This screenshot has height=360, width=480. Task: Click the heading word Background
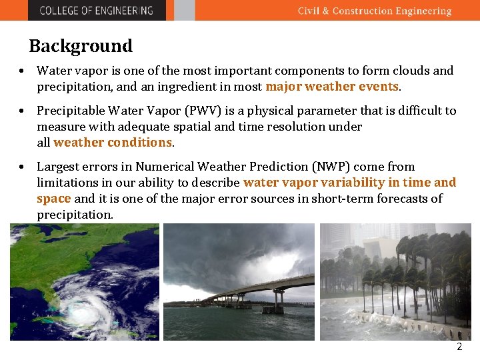tap(81, 46)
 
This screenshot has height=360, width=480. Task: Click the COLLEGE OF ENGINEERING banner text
tap(96, 11)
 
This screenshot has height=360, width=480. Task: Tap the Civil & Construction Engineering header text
tap(374, 11)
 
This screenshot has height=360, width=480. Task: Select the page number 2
tap(459, 347)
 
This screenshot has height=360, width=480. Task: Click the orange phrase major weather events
tap(332, 87)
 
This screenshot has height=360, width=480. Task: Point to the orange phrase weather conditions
tap(113, 143)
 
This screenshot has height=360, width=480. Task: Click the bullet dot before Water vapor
tap(22, 71)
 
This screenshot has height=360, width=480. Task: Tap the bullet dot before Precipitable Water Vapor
tap(22, 111)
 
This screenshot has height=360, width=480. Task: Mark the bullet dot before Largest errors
tap(22, 167)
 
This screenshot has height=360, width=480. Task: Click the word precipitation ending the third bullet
tap(74, 215)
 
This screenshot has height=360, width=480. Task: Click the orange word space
tap(53, 199)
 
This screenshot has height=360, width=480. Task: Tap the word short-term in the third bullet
tap(347, 199)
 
